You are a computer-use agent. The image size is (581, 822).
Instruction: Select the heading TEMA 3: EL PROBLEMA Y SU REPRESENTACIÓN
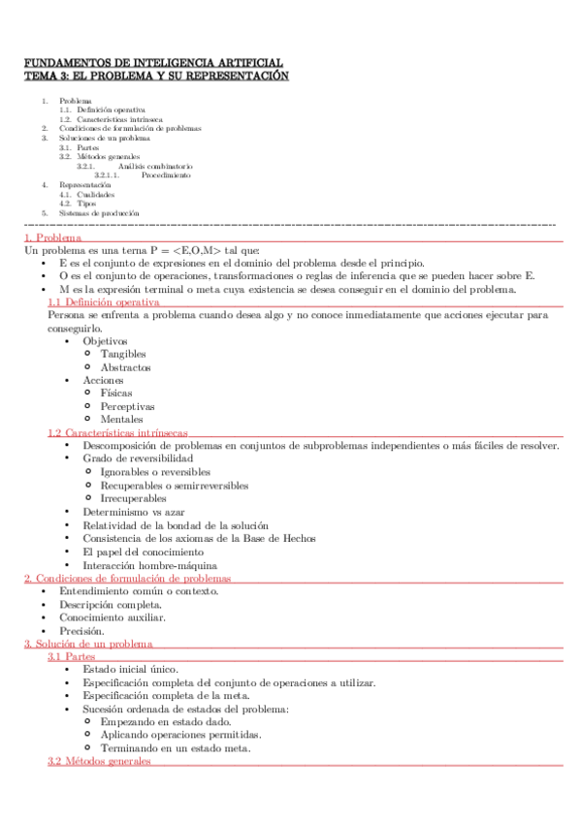156,75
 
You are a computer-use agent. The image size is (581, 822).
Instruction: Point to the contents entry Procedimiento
166,175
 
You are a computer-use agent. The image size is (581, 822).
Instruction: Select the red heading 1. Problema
52,238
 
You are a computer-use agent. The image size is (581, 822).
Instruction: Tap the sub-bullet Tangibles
123,355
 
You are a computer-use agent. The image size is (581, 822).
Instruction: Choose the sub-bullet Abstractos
125,367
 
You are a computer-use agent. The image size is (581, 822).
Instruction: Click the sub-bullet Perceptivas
127,407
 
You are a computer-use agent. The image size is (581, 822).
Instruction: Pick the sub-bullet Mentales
121,420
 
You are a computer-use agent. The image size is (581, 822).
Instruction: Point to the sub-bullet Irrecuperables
134,497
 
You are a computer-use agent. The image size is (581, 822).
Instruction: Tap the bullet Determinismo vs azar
133,511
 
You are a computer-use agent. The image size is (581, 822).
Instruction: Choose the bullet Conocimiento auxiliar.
112,617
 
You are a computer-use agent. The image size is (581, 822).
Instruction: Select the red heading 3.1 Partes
71,656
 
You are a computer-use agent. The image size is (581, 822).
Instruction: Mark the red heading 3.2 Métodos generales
99,762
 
